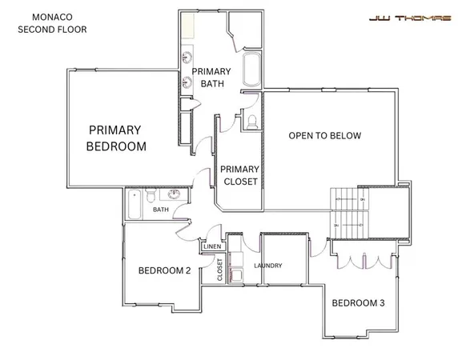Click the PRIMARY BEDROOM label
(116, 138)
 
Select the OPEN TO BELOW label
(325, 135)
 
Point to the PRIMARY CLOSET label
(239, 175)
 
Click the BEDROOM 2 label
(164, 270)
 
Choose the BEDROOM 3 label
(358, 302)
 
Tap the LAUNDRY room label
(269, 266)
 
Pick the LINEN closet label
(212, 247)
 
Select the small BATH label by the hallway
(161, 210)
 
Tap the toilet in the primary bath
(252, 121)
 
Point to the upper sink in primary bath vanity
(187, 58)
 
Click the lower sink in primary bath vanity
(187, 79)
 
